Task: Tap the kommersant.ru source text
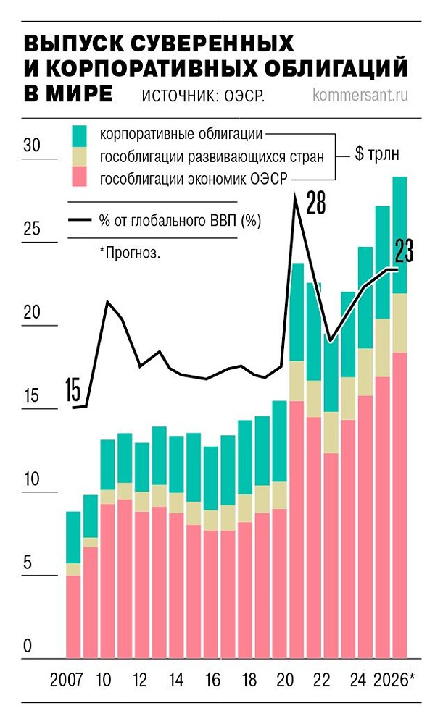[363, 95]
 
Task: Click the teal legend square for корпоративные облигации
[80, 135]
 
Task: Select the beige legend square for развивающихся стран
[80, 156]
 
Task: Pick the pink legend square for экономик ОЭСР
[80, 178]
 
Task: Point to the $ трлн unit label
[376, 155]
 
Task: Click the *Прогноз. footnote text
[131, 253]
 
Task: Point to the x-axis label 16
[211, 681]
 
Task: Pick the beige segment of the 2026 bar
[399, 323]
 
